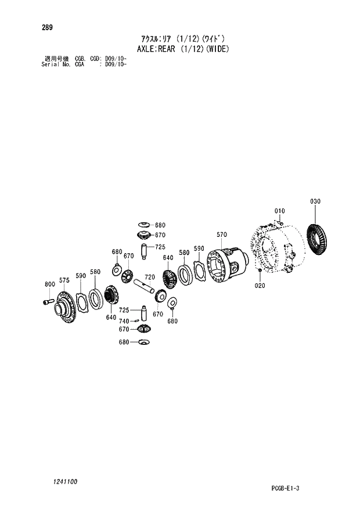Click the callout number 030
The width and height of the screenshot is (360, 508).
tap(315, 201)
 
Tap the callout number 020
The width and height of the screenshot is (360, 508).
tap(259, 286)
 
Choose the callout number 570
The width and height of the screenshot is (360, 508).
tap(221, 235)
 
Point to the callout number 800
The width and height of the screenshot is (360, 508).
tap(49, 284)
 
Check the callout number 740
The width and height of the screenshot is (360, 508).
tap(124, 320)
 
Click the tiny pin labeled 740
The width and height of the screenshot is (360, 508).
tap(134, 320)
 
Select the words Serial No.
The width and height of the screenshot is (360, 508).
tap(54, 64)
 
